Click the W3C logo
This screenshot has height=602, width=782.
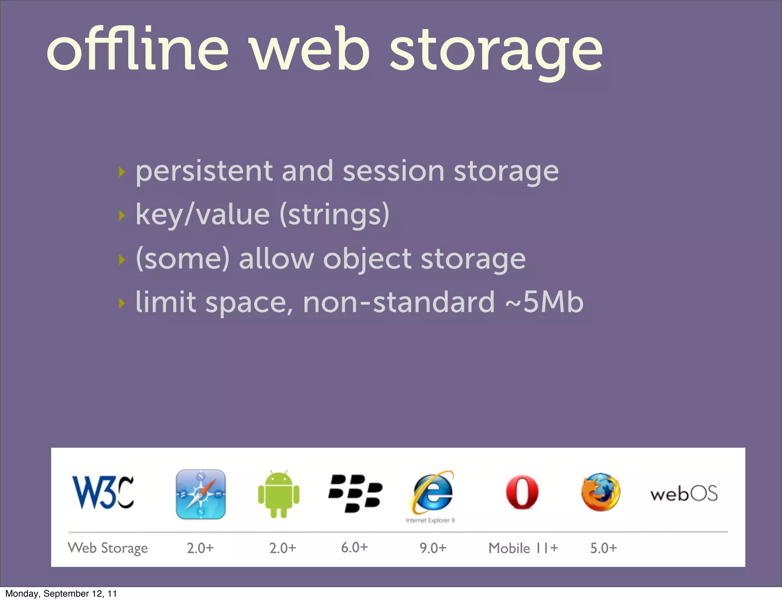[x=103, y=492]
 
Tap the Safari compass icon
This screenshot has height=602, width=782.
[x=200, y=494]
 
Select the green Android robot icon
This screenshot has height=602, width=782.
[x=279, y=494]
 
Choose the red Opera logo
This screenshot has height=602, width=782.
[x=522, y=493]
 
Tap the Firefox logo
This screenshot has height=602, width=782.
[x=601, y=492]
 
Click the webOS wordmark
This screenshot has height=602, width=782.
[x=684, y=494]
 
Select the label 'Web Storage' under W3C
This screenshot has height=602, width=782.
[x=108, y=548]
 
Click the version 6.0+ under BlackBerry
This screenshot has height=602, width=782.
[x=354, y=547]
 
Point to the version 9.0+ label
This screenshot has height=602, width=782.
[x=433, y=548]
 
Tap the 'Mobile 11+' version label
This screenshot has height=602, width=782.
[x=523, y=548]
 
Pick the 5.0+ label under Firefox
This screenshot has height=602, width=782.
[x=603, y=548]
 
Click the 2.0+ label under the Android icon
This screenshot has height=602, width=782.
[x=283, y=548]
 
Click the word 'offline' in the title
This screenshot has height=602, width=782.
[x=137, y=50]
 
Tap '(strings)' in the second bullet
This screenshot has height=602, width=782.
[x=334, y=215]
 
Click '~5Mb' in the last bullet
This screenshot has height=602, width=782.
[x=544, y=302]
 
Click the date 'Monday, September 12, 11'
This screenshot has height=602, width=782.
[x=61, y=594]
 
